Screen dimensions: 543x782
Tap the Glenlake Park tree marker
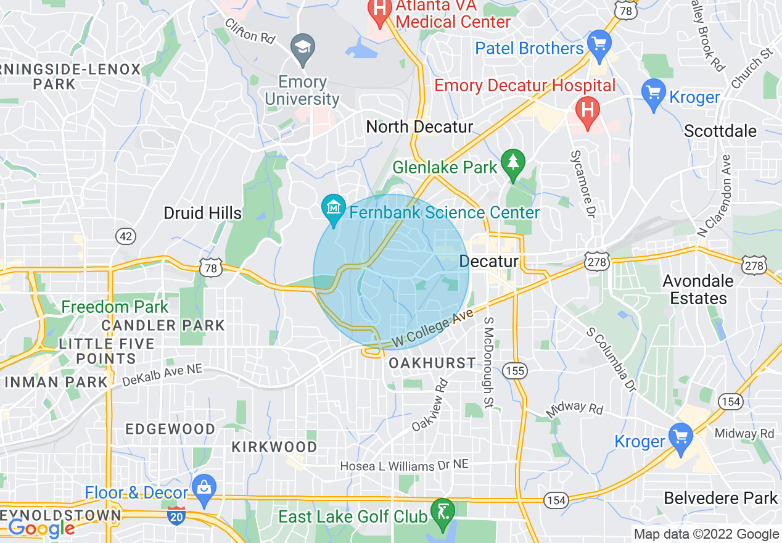point(512,164)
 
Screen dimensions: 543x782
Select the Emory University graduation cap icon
point(302,48)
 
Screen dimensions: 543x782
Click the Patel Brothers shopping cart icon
point(599,44)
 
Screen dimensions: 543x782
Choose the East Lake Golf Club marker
point(443,512)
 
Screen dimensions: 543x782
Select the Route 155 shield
point(514,370)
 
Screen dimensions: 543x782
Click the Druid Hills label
point(203,213)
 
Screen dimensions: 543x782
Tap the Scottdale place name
point(720,131)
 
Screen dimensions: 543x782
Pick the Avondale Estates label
point(698,289)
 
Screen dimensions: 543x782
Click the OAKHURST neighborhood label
point(432,363)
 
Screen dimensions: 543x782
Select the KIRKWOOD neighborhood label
point(274,447)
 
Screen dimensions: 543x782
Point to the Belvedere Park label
point(721,498)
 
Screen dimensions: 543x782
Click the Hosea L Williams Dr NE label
point(405,466)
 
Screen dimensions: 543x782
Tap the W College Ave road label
point(434,328)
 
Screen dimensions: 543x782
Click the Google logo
point(41,528)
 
